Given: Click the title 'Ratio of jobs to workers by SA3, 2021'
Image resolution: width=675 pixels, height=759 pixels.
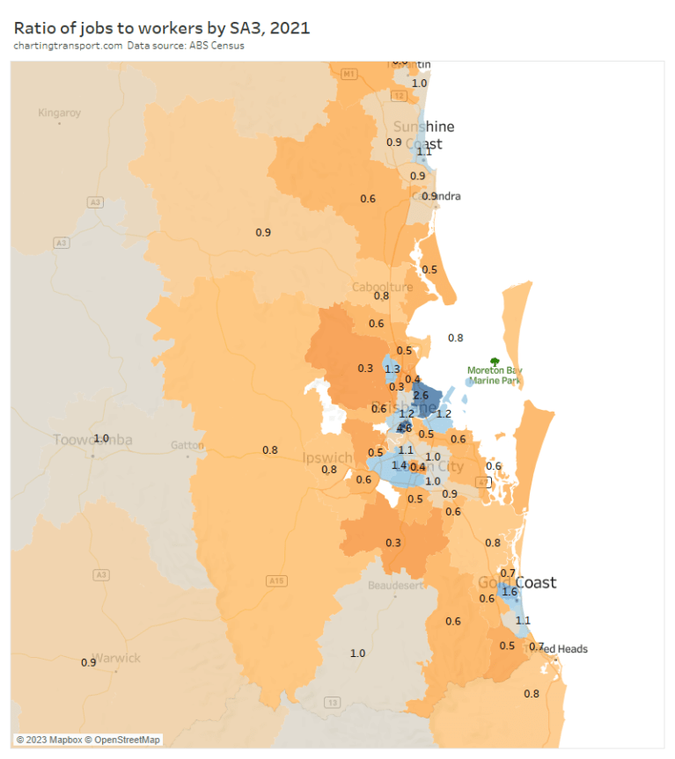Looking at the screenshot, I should coord(161,28).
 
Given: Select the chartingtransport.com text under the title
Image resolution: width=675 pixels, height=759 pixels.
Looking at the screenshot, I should coord(67,46).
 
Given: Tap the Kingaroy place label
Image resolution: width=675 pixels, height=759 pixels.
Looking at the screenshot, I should coord(59,113).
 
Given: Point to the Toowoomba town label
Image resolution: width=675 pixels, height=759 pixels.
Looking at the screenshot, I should coord(92,440).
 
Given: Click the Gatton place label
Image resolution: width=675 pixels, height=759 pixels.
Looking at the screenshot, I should coord(187,445).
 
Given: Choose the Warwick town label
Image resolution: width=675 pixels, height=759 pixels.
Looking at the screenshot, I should coord(118,658).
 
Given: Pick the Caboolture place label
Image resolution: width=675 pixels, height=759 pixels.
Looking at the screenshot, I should coord(382,288).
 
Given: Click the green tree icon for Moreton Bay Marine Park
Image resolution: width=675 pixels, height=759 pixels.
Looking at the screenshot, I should coord(495,361).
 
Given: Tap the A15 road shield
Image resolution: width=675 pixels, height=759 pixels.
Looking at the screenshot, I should coord(277,580).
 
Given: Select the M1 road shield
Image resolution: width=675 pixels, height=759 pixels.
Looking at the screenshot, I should coord(349,74).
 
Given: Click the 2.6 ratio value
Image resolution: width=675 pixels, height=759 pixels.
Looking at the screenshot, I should coord(421,396).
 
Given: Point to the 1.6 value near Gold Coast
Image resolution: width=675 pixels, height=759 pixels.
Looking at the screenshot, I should coord(509,592).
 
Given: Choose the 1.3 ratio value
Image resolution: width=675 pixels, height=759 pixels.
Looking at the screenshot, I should coord(393,369).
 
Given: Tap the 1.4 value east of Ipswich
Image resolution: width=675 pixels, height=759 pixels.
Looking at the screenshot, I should coord(400,465).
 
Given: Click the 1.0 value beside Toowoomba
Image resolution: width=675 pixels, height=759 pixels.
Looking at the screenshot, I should coord(101,438).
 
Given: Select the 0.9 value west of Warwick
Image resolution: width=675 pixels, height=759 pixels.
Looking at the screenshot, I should coord(88,662).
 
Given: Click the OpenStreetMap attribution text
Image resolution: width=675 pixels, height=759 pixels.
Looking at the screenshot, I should coord(128,740).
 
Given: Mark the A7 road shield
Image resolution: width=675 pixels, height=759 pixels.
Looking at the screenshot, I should coord(481,482).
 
